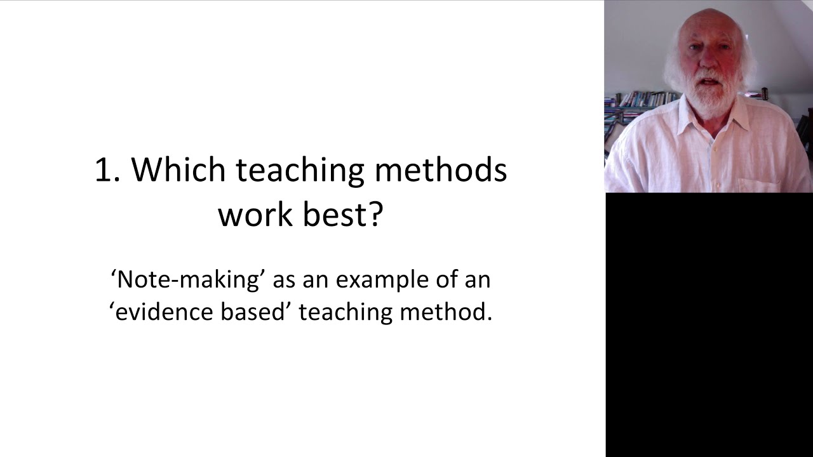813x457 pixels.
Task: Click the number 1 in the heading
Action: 104,170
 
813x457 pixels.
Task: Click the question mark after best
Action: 376,215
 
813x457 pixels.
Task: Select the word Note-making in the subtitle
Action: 187,279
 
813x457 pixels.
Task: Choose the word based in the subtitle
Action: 254,312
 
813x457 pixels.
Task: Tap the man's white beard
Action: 709,95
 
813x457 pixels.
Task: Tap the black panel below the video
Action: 709,324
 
